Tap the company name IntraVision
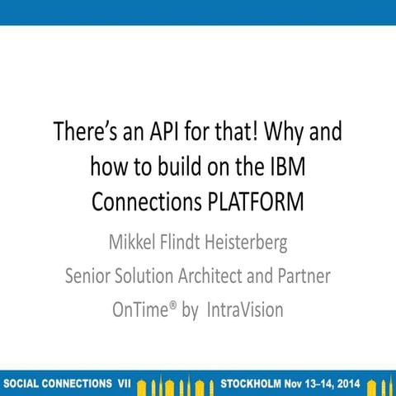click(245, 310)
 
